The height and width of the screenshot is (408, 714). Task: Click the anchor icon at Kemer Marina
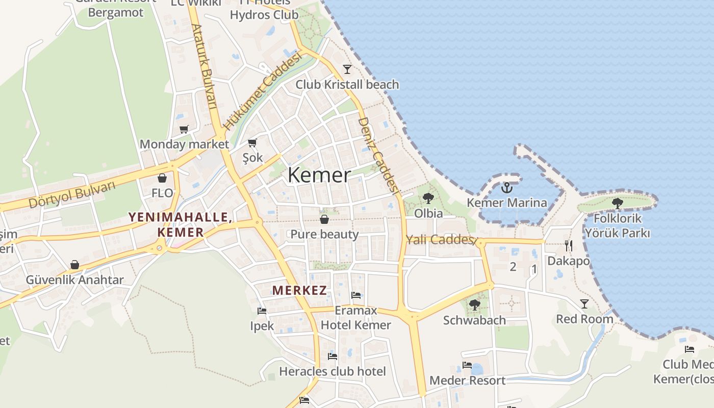click(x=506, y=188)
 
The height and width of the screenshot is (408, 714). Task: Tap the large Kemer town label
click(x=319, y=175)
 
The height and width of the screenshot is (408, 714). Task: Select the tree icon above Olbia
click(x=428, y=198)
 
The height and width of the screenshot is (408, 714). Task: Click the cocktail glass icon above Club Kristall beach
click(x=347, y=69)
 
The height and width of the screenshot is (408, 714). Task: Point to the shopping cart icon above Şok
click(x=252, y=143)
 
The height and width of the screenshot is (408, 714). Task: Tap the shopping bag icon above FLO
click(x=162, y=178)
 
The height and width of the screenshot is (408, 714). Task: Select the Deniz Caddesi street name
click(x=378, y=155)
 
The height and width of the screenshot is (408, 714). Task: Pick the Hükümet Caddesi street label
click(x=262, y=91)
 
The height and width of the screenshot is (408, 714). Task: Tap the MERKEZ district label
click(x=299, y=291)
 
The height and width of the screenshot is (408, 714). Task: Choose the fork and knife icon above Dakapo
click(x=569, y=246)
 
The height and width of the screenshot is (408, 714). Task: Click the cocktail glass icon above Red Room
click(x=584, y=304)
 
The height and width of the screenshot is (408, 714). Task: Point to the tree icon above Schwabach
click(x=475, y=305)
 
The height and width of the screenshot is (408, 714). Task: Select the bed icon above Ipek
click(x=262, y=311)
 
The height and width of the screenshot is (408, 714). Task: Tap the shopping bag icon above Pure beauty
click(x=324, y=219)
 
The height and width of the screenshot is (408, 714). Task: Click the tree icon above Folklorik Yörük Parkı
click(x=618, y=203)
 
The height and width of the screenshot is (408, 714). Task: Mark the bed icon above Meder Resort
click(x=467, y=365)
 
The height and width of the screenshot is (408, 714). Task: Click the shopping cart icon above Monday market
click(x=184, y=130)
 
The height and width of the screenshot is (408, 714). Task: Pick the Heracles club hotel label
click(x=333, y=371)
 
